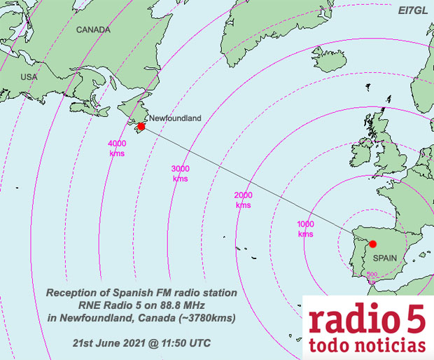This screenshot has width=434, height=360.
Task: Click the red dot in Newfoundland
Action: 141,127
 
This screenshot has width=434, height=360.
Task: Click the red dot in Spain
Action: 373,244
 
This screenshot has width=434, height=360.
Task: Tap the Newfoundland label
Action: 175,118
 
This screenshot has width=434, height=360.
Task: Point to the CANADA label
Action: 93,30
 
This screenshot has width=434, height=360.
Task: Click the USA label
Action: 29,76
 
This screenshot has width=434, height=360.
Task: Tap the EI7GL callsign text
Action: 411,11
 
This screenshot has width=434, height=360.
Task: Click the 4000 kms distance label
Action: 117,148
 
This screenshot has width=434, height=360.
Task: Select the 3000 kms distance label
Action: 181,174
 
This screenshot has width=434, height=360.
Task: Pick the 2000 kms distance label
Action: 243,200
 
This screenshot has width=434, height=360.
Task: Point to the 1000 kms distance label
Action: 305,229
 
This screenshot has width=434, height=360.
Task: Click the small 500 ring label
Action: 373,274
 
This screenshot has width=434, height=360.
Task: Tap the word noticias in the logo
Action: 388,346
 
